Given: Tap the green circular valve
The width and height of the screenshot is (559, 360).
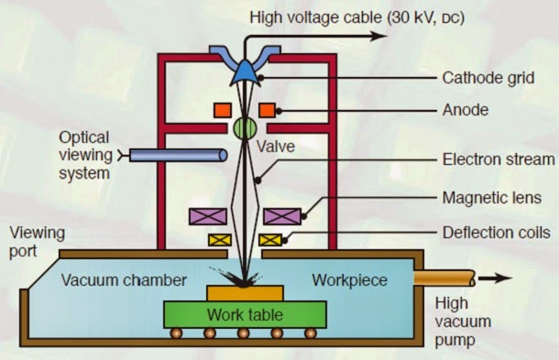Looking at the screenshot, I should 245,126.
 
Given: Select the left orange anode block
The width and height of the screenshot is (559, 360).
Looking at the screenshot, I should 222,111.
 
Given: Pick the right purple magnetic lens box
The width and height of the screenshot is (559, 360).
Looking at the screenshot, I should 283,216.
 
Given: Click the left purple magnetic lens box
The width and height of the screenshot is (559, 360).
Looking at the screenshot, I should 207,216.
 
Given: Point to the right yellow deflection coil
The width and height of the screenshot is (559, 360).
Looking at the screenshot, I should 269,241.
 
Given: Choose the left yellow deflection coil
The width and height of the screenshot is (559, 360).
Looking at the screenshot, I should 220,241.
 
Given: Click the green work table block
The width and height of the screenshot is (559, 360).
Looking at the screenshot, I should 243,315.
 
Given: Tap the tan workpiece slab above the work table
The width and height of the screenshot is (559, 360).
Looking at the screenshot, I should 243,293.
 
